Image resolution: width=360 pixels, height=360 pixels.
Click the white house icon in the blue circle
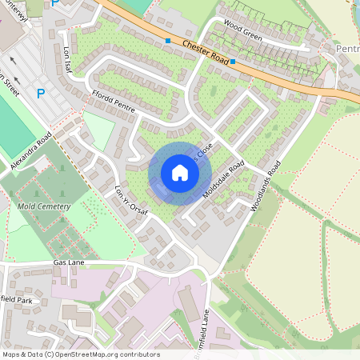coord(179,172)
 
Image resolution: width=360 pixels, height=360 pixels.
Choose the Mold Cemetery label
coord(43,206)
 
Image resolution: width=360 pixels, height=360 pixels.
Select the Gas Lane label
coord(69,262)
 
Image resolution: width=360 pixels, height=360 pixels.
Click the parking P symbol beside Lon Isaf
coord(41,94)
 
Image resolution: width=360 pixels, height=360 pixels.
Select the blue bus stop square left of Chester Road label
coord(168,40)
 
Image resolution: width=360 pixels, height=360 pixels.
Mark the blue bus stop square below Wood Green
coord(232,62)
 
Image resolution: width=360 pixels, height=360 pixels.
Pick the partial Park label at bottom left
coord(22,301)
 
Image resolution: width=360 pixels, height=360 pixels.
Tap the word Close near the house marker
coord(204,150)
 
